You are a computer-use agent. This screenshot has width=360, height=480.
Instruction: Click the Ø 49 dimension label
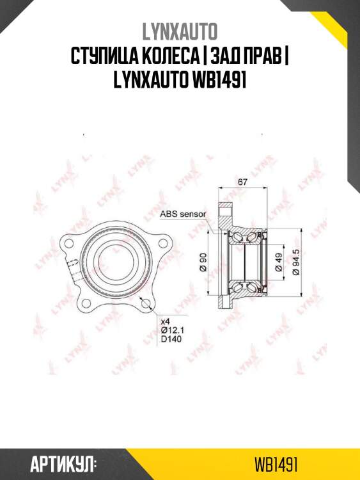point(279,263)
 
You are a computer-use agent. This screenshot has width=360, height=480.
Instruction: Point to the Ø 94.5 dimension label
point(295,262)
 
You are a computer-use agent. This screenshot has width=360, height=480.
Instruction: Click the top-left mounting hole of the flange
point(66,243)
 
